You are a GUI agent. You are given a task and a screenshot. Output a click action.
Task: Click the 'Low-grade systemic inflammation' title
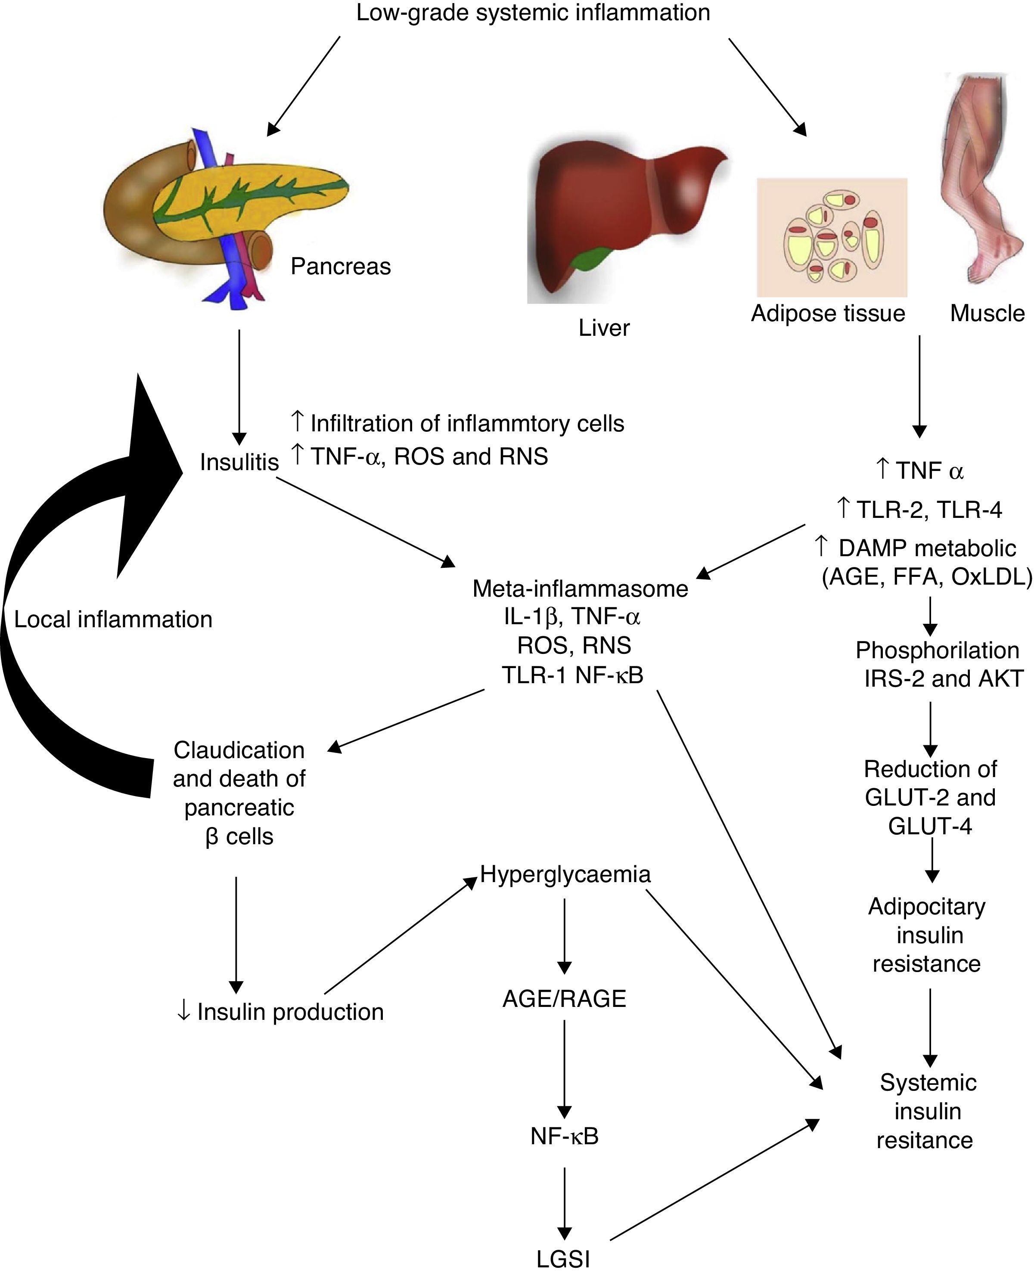click(x=533, y=13)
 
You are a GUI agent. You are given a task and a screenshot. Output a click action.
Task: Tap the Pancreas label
click(x=341, y=266)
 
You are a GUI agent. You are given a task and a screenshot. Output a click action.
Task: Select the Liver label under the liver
click(x=604, y=328)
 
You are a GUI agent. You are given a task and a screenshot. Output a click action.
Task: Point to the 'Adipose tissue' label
click(x=828, y=313)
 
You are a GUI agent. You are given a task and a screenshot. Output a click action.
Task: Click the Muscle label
click(x=987, y=313)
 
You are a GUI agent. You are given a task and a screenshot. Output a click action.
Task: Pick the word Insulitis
click(x=239, y=462)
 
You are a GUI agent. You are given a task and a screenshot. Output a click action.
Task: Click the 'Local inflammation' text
click(x=113, y=619)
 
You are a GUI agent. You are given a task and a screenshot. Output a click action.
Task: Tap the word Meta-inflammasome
click(x=580, y=588)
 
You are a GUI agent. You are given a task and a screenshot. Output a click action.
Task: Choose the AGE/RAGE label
click(x=565, y=999)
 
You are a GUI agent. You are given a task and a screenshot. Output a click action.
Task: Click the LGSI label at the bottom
click(x=563, y=1259)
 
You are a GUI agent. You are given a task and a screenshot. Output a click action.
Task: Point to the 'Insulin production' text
click(x=290, y=1012)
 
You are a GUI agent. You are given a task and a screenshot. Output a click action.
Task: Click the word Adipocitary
click(x=927, y=906)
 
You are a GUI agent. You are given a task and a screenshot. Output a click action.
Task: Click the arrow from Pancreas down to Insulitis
click(x=239, y=387)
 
